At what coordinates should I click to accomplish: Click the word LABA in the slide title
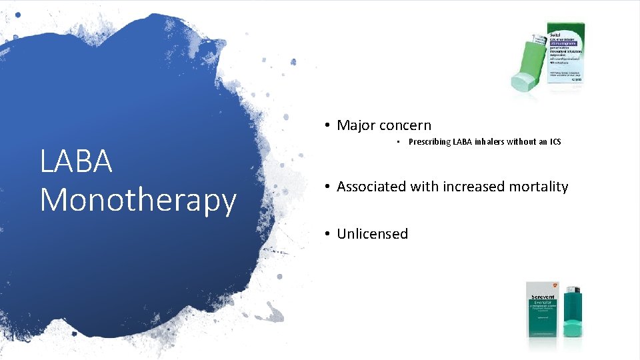pos(76,161)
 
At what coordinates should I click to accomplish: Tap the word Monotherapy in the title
pos(138,200)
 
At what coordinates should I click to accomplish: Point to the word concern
pos(405,125)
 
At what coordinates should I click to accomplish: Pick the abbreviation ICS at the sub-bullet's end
pos(555,142)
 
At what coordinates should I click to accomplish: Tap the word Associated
pos(371,187)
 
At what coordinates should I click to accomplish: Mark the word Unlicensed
pos(372,234)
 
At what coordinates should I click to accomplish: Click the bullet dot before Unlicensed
pos(327,234)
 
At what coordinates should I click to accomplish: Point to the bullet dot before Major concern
pos(327,125)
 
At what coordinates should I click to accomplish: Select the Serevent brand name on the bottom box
pos(542,297)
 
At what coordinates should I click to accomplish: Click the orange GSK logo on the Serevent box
pos(556,286)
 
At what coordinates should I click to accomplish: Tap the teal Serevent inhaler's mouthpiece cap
pos(573,328)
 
